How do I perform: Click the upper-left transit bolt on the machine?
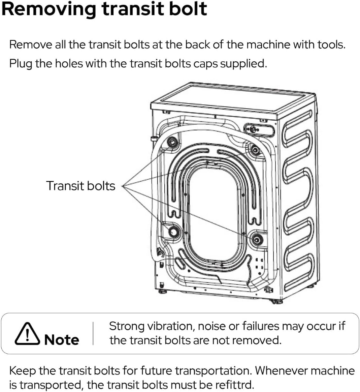pos(172,142)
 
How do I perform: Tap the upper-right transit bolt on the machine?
pos(255,150)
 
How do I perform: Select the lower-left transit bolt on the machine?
pos(174,232)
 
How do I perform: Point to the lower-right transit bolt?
pos(257,240)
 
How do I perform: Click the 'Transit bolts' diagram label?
pos(80,186)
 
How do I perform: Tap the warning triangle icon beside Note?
pos(27,334)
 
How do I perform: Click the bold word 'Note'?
pos(62,340)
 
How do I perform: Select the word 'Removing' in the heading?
pos(48,9)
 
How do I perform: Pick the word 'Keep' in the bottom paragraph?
pos(22,370)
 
